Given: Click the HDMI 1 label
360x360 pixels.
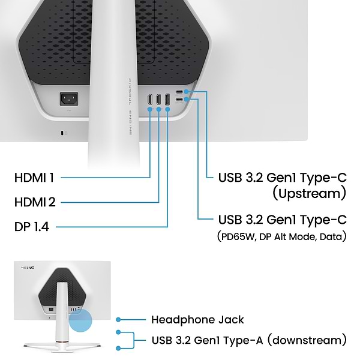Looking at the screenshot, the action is (x=34, y=178).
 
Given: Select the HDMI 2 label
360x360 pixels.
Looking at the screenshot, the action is (x=35, y=202).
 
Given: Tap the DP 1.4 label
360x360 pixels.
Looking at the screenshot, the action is (x=32, y=227).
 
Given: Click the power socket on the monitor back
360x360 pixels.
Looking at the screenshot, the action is (x=69, y=99).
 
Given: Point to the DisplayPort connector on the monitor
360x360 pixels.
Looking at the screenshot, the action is (x=167, y=100).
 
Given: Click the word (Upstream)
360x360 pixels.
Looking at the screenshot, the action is (x=309, y=193).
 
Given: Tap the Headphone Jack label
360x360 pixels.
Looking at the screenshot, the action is (x=197, y=320).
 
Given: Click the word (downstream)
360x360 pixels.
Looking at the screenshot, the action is (x=307, y=340).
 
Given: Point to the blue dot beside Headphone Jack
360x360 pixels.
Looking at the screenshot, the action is (x=118, y=320).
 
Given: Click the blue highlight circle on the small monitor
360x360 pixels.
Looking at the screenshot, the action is (x=80, y=320).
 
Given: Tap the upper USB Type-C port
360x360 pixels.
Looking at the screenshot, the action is (x=179, y=92).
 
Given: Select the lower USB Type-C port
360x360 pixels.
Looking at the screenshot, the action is (x=179, y=100).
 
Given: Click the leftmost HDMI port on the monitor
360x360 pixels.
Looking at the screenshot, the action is (x=150, y=100).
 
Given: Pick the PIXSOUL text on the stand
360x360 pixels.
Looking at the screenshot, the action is (x=130, y=92).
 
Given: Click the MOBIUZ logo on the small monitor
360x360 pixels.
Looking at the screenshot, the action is (x=28, y=268).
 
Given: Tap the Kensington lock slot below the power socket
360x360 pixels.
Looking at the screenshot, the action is (x=62, y=133).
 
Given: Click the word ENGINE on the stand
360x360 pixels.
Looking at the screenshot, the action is (x=130, y=123).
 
